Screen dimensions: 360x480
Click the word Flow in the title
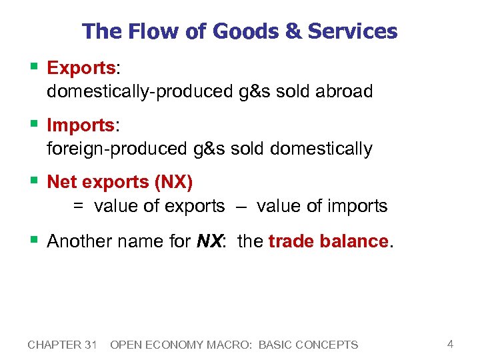pos(145,31)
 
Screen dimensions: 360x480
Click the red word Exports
pos(81,68)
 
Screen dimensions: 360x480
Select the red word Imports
pos(80,125)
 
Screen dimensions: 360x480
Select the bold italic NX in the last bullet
pos(210,241)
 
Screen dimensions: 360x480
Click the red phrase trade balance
pos(328,241)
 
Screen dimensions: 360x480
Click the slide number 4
pos(450,344)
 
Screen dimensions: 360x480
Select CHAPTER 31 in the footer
pos(63,345)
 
